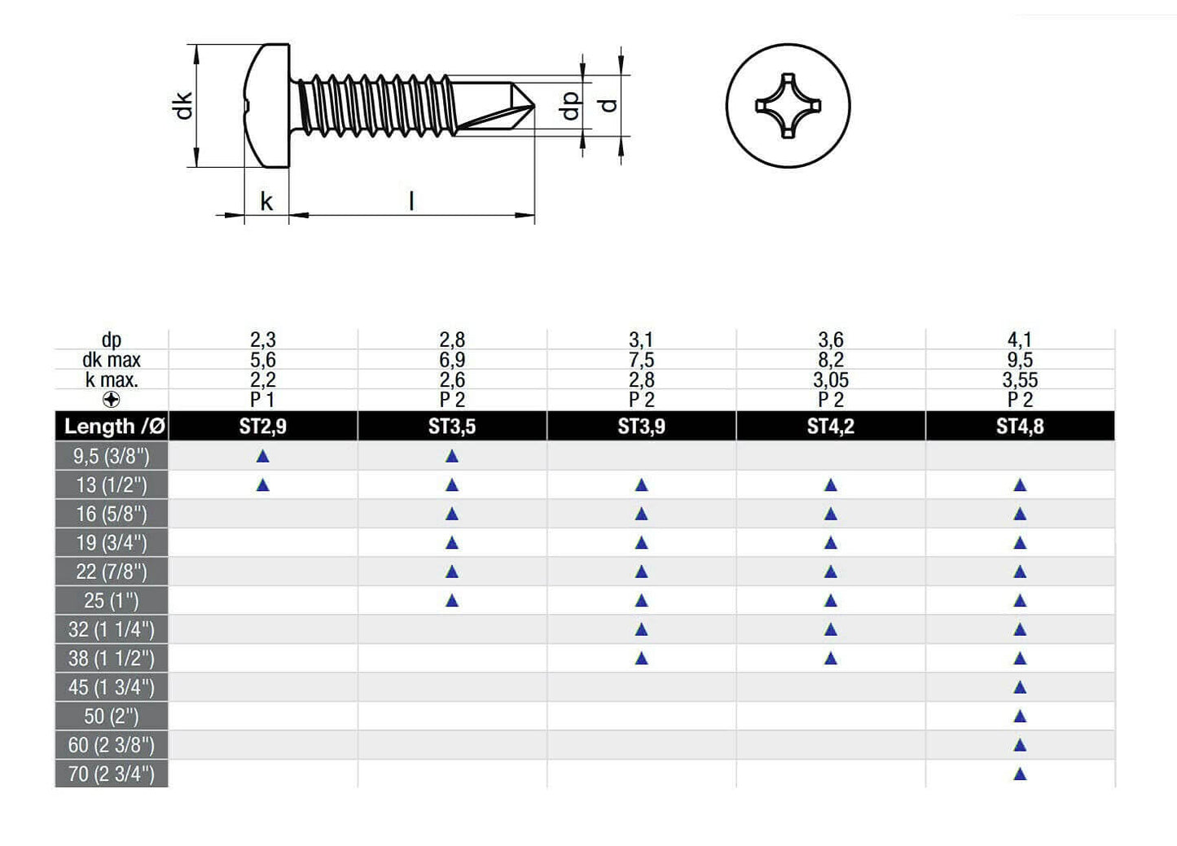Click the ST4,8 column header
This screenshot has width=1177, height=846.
pyautogui.click(x=1020, y=426)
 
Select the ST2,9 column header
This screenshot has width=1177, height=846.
pyautogui.click(x=262, y=426)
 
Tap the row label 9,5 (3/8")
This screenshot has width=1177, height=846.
pyautogui.click(x=112, y=456)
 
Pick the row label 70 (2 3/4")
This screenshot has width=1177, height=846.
pyautogui.click(x=112, y=774)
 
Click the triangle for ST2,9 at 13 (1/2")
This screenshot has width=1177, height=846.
pyautogui.click(x=262, y=485)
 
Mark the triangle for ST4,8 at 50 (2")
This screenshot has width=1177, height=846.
pyautogui.click(x=1020, y=717)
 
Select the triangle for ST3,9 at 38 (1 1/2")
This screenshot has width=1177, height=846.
pyautogui.click(x=641, y=659)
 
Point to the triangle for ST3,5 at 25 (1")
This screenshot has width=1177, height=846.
pyautogui.click(x=452, y=601)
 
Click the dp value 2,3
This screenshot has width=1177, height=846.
pyautogui.click(x=262, y=340)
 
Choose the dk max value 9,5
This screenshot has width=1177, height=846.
pyautogui.click(x=1020, y=360)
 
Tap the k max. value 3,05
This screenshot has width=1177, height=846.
pyautogui.click(x=831, y=379)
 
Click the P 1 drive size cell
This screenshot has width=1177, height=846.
pyautogui.click(x=262, y=399)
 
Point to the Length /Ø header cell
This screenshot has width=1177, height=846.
pyautogui.click(x=114, y=426)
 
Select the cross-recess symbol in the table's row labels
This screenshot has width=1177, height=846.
pyautogui.click(x=112, y=400)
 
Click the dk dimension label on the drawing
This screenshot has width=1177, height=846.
pyautogui.click(x=183, y=105)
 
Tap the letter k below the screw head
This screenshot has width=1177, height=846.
pyautogui.click(x=266, y=201)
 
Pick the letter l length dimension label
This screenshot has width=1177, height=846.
pyautogui.click(x=411, y=201)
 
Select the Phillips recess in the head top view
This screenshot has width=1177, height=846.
pyautogui.click(x=788, y=106)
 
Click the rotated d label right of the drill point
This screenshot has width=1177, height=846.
pyautogui.click(x=608, y=105)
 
